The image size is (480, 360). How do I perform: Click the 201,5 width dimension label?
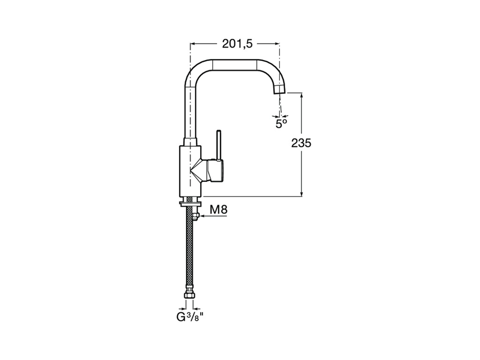coord(237,44)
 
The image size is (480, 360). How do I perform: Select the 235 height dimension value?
coord(301,143)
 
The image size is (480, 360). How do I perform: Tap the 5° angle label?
coord(281,124)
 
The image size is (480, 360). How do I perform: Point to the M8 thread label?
coord(218,210)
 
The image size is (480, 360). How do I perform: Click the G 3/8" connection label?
coord(190,317)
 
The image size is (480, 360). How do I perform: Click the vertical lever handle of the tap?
coord(218,145)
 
